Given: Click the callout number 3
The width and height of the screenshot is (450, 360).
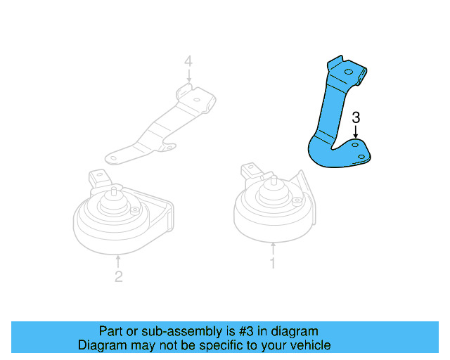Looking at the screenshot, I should tap(356, 117).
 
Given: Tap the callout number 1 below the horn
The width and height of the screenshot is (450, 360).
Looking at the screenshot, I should tap(273, 264).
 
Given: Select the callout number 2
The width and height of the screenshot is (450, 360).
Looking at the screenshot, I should tap(118, 276).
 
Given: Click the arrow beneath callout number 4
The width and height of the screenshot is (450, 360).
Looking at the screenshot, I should tap(188, 75).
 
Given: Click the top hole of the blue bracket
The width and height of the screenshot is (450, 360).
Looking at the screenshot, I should tap(349, 72).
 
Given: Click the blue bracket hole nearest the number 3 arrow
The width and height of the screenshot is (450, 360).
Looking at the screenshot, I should tap(356, 143).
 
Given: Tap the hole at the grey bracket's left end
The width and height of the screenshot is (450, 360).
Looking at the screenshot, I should tap(112, 156).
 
